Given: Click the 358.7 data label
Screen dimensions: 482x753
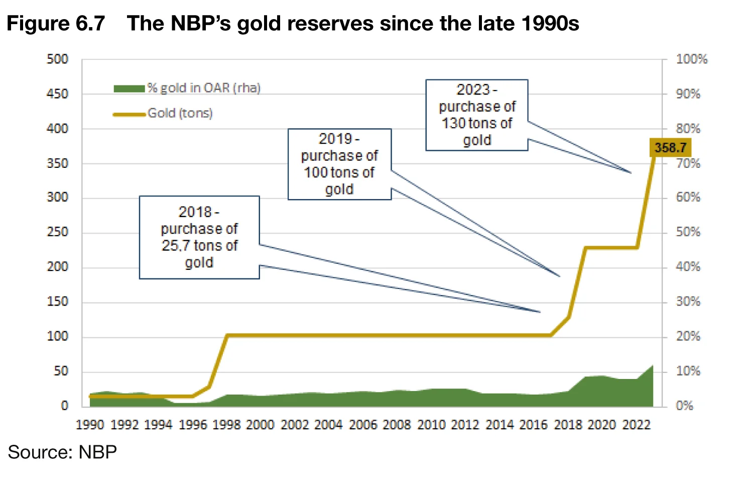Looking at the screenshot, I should coord(670,148).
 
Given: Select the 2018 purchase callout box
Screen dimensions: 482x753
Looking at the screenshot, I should coord(199,237).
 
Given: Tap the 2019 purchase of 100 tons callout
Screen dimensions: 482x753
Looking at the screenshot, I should coord(339,164).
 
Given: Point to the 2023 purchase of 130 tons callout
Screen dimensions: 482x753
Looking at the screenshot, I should coord(477,115).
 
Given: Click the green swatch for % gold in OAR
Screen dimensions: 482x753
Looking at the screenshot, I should coord(129,88).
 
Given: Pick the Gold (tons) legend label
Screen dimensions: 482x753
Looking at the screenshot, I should coord(180,113).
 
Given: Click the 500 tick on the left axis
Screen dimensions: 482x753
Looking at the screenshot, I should coord(57,59).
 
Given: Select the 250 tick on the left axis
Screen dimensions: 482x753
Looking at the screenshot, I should coord(57,232).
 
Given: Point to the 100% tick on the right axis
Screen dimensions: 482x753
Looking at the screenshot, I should coord(691,59).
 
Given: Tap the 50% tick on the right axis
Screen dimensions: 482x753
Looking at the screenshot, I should coord(688,232).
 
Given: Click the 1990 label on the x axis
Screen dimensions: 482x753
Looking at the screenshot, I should coord(90,425).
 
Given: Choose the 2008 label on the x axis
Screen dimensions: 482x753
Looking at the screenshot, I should coord(397,425).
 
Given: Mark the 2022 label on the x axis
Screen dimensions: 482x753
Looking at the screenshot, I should coord(636,425).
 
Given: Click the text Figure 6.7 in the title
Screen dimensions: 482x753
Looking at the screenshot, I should coord(56,24).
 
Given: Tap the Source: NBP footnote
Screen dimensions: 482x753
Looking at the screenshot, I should coord(62,452).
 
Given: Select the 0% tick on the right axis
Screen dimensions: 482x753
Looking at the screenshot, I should coord(684,406).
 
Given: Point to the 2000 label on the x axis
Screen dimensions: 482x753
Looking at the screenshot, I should coord(260,425).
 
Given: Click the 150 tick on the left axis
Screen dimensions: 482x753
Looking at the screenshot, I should coord(57,302).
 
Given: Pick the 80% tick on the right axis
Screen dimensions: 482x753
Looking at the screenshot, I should coord(688,129).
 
